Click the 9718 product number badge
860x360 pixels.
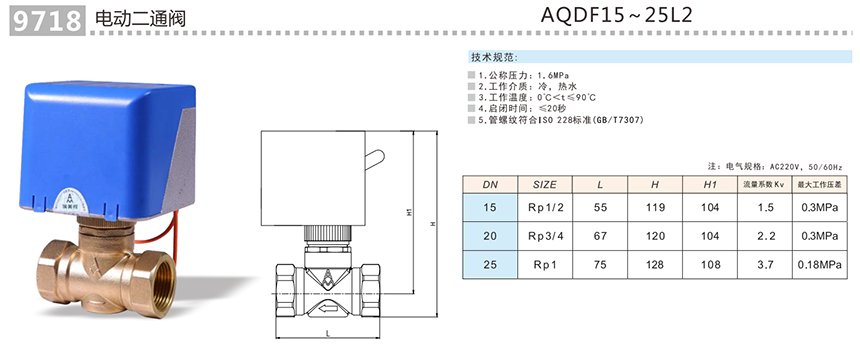point(47,21)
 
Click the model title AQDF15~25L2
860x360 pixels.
point(616,15)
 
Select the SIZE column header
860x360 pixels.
point(545,185)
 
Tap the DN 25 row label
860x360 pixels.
point(490,265)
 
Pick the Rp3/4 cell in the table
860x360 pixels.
point(545,236)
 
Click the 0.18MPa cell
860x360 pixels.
point(820,265)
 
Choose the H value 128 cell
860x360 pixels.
point(655,265)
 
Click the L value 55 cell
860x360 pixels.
point(600,207)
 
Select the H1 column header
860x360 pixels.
point(710,185)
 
